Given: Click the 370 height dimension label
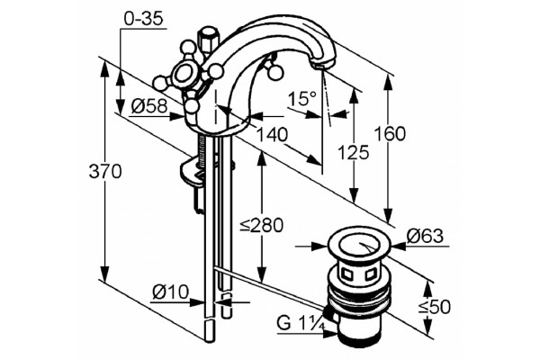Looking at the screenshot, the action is [x=105, y=171].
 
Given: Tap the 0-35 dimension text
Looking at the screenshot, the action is [x=143, y=19].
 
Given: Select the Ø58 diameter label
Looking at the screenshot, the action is [x=149, y=106].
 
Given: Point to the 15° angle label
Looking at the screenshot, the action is [x=302, y=98].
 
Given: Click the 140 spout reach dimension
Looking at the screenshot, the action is [x=272, y=135].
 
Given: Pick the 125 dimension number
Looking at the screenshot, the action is [x=353, y=152].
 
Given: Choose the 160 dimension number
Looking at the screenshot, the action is [x=390, y=133].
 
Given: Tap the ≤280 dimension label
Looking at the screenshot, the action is [x=262, y=226].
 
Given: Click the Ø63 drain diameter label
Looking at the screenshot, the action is [x=425, y=237].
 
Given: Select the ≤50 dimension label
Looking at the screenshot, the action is [x=435, y=307].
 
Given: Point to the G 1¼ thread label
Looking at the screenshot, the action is [x=301, y=323].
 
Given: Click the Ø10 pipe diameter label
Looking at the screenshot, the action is [x=171, y=292].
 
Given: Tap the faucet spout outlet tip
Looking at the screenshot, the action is [x=323, y=65].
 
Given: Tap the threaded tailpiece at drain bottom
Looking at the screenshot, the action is [x=359, y=336].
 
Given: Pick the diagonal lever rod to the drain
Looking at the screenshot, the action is [x=269, y=287].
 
